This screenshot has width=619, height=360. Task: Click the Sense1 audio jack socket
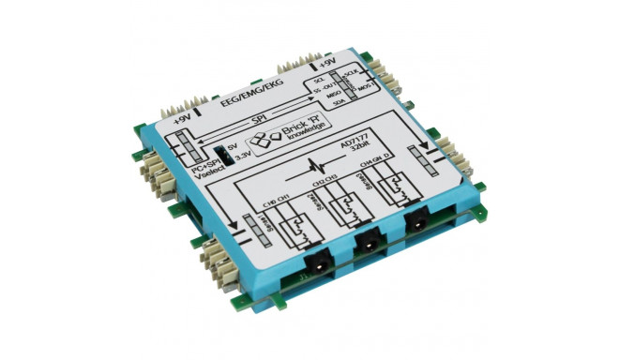(x=315, y=262)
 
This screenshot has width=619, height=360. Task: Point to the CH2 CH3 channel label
(x=328, y=182)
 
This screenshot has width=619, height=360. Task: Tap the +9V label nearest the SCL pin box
(x=327, y=65)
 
